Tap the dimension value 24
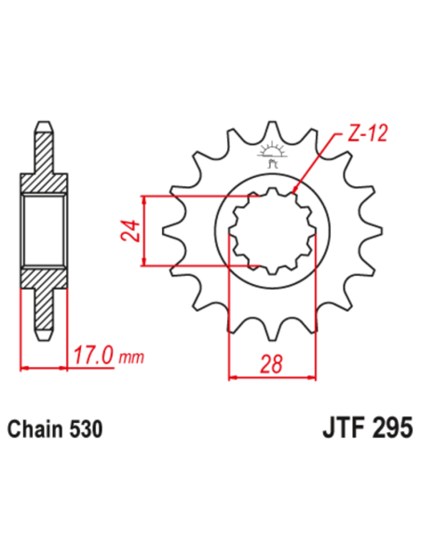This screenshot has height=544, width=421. [129, 231]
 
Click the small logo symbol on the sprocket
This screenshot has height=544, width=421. [274, 151]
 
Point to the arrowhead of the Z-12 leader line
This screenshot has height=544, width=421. [294, 190]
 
